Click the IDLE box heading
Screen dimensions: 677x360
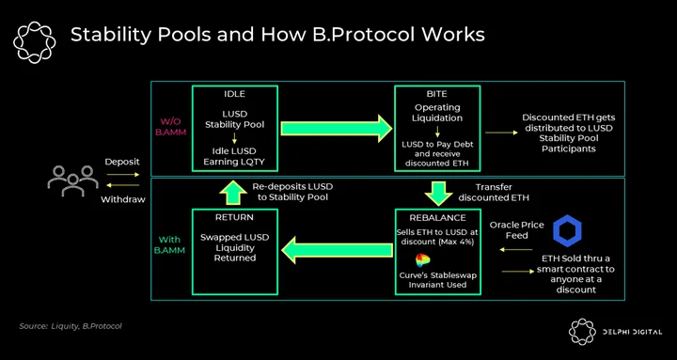point(233,95)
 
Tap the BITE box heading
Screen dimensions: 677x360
point(437,95)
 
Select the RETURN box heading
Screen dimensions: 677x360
point(234,217)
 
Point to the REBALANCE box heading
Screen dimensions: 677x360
point(437,217)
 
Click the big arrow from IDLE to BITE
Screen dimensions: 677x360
point(337,128)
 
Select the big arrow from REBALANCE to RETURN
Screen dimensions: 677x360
point(337,249)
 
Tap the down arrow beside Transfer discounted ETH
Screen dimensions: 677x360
point(437,194)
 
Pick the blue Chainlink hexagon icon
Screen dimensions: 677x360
point(567,231)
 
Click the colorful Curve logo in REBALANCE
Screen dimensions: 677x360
point(423,260)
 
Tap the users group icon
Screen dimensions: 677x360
point(73,180)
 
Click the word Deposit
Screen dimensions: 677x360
point(122,162)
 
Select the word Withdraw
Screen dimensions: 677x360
point(122,199)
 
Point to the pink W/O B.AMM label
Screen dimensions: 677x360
point(170,126)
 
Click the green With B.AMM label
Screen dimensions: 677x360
point(169,245)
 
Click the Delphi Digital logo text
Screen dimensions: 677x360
point(631,332)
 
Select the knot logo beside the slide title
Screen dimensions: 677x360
point(35,42)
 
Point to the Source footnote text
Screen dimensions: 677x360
point(71,326)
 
